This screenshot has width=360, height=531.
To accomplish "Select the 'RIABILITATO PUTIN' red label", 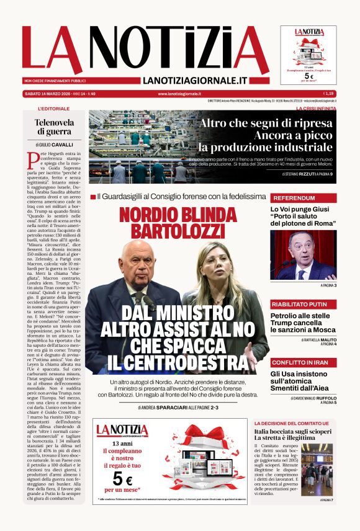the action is point(299,304).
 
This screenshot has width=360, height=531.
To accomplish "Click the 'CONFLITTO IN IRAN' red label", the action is point(300,362).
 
